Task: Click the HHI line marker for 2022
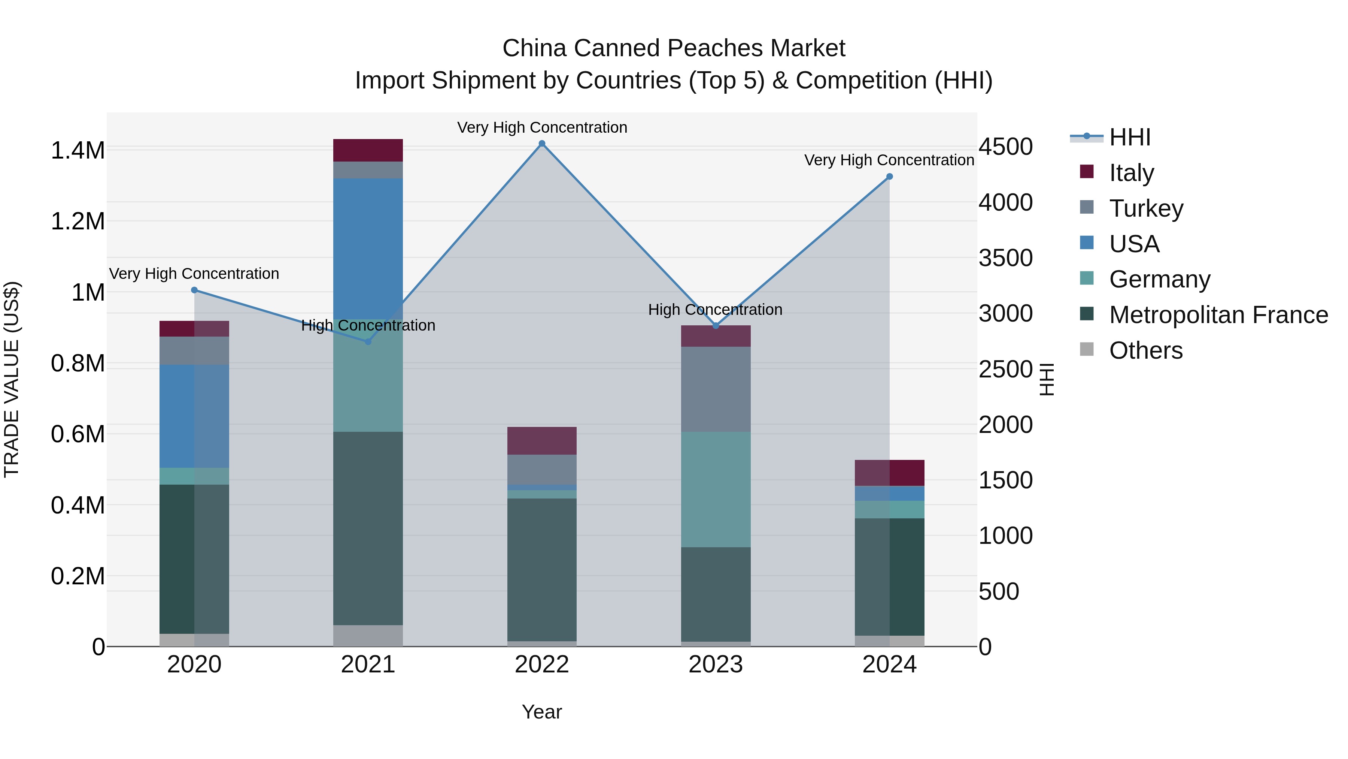[x=542, y=144]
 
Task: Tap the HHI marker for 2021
[x=368, y=341]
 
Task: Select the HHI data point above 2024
[x=889, y=177]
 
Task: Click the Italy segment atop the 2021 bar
[x=368, y=150]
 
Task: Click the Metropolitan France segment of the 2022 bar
[x=542, y=569]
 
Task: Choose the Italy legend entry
[x=1131, y=173]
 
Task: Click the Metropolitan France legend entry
[x=1218, y=315]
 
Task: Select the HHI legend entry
[x=1129, y=137]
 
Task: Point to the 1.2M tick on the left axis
[x=78, y=222]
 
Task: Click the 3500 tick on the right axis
[x=1005, y=258]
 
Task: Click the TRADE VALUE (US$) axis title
[x=12, y=379]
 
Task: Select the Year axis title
[x=541, y=712]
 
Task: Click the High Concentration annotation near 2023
[x=715, y=310]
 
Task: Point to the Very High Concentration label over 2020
[x=194, y=274]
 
